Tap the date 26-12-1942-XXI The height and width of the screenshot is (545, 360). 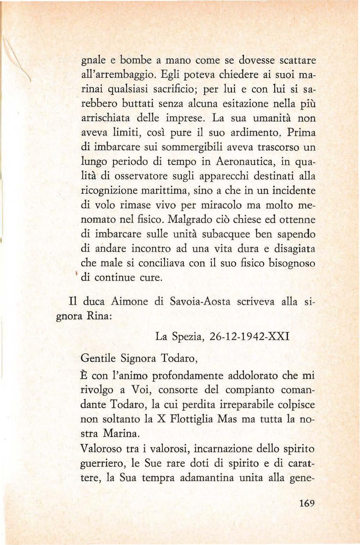[x=250, y=337]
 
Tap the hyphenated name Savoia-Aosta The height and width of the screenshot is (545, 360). [x=200, y=301]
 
